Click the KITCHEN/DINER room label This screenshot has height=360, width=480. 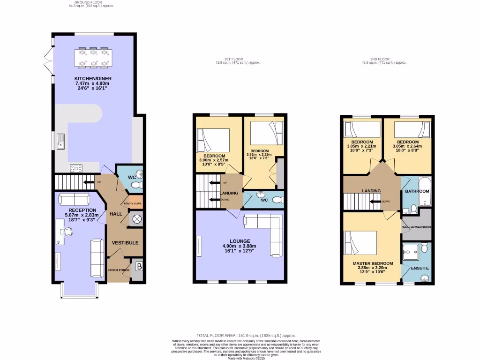[92, 78]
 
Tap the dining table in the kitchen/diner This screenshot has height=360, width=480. [92, 57]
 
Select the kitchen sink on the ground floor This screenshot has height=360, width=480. [61, 141]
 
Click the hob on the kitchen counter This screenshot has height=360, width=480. [75, 168]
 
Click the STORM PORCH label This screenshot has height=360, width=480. [118, 270]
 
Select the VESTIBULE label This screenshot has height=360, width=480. [125, 243]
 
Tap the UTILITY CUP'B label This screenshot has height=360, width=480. [133, 203]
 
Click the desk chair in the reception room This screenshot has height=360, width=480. [68, 231]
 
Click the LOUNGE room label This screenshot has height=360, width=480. [240, 241]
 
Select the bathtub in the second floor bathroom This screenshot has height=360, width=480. [425, 192]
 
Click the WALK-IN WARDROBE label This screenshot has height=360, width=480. [417, 227]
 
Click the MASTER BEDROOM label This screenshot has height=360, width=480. [370, 263]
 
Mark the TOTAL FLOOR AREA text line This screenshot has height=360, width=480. [246, 336]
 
